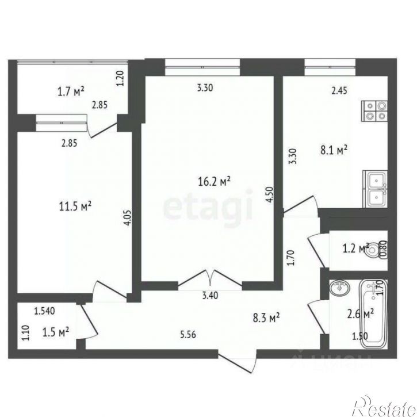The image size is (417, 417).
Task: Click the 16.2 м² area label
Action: pos(213,182)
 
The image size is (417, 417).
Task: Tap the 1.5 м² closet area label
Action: pos(56,331)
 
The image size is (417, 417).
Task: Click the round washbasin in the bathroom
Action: pos(338,288)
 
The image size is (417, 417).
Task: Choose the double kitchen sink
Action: pos(375,189)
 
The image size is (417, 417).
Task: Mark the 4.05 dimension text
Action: pos(128,220)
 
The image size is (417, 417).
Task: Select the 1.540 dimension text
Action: pos(44,312)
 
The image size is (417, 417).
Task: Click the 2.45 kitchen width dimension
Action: pos(338,89)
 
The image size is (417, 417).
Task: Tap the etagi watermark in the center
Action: pos(208,208)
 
